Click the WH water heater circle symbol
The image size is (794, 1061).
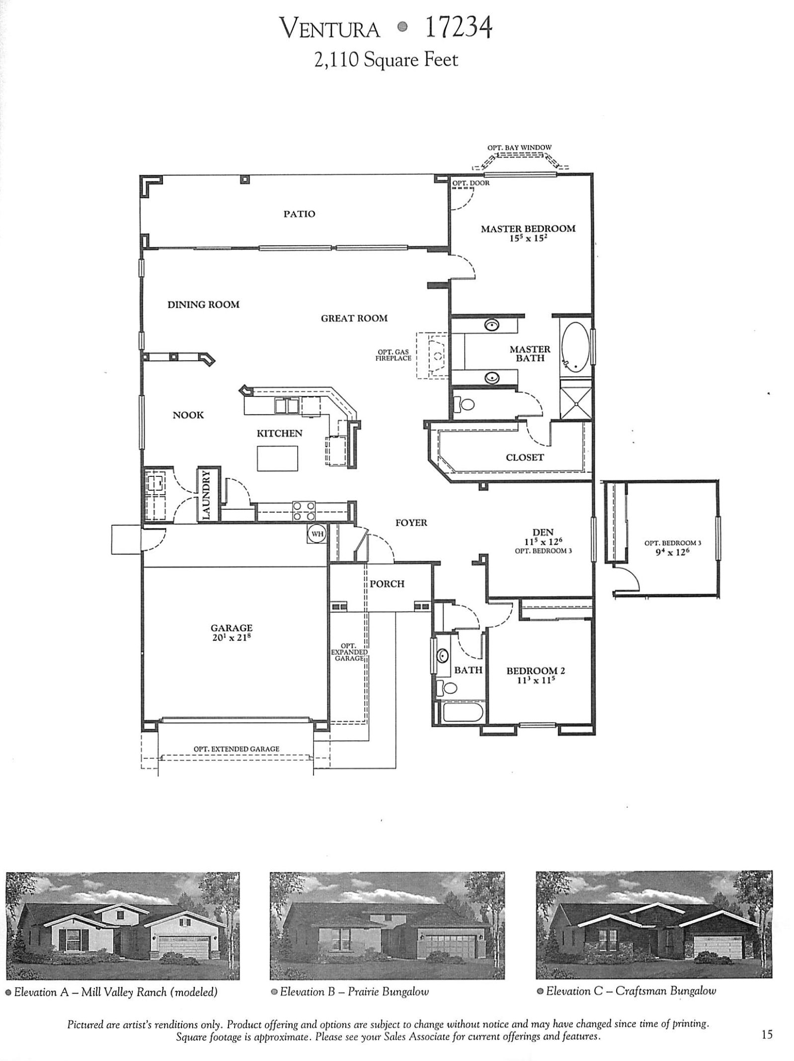317,534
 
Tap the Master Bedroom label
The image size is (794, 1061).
528,229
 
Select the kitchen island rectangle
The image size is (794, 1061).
277,458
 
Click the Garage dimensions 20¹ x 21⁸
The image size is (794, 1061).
232,637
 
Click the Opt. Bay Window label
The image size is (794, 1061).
519,148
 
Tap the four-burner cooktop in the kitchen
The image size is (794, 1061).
304,511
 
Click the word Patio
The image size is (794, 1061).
299,214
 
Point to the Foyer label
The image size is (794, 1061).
411,523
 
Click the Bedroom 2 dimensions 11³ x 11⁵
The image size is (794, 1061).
535,680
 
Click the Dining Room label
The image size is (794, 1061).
203,304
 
